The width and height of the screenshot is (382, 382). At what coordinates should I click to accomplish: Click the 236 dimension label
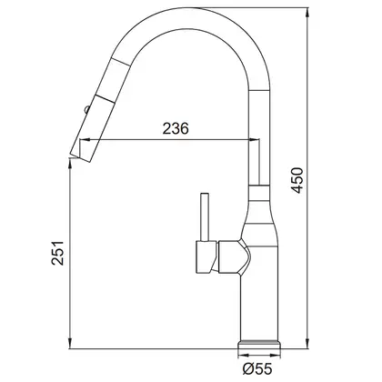tap(176, 128)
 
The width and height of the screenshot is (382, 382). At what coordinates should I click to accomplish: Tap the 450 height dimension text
tap(297, 180)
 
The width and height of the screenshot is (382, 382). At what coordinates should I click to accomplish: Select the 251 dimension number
tap(57, 253)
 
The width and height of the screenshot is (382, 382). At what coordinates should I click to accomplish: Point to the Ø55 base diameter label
tap(257, 368)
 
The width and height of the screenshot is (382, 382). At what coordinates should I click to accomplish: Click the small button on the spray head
tap(86, 109)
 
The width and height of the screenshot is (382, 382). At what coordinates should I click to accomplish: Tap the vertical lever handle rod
tap(205, 217)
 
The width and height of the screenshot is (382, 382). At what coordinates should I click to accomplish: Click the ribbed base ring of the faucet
tap(258, 344)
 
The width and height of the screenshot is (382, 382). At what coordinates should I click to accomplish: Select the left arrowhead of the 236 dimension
tap(85, 139)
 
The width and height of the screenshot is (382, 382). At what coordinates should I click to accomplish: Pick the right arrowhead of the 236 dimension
tap(255, 139)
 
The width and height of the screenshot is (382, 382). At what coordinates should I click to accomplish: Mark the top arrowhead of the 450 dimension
tap(307, 13)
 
